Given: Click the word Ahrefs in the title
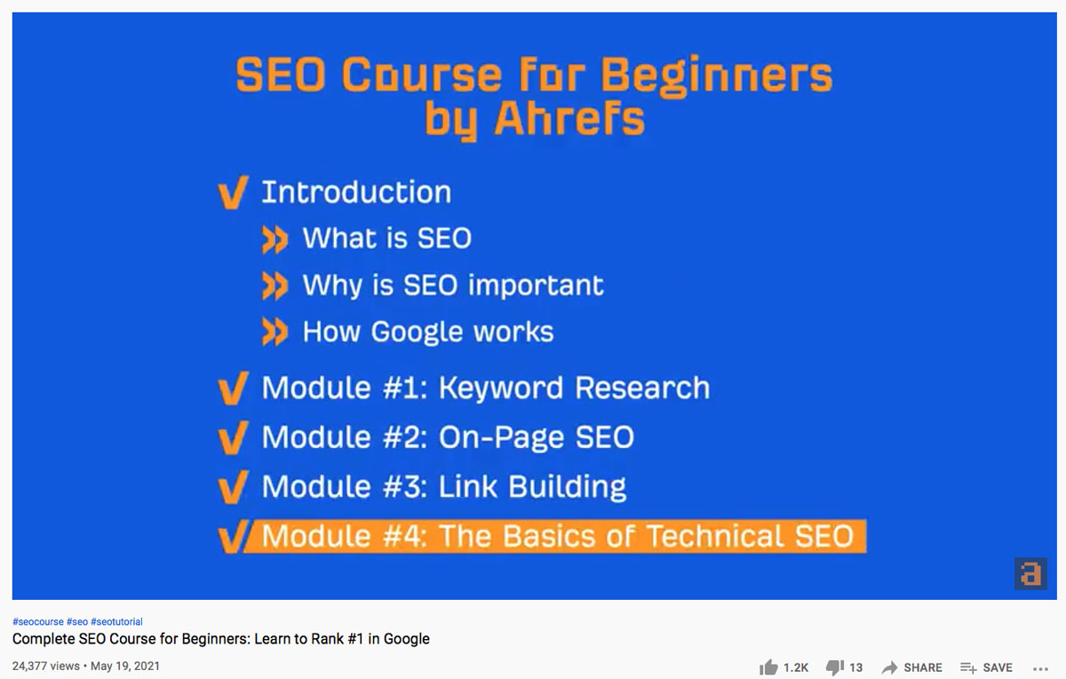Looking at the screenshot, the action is coord(569,118).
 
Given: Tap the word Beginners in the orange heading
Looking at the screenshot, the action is coord(717,76).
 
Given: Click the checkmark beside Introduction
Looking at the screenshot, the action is coord(233,192).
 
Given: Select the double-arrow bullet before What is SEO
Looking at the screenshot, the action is coord(274,239).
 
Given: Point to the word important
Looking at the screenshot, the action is coord(536,284).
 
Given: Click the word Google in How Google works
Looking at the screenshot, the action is coord(417,332).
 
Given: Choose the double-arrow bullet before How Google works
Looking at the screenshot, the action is coord(274,332).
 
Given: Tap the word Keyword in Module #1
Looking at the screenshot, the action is coord(501,387).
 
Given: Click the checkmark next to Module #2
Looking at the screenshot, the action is coord(233,437).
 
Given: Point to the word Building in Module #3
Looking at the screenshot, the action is coord(568,487).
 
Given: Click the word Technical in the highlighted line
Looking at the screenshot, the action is coord(715,536).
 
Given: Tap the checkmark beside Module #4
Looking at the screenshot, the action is coord(233,537).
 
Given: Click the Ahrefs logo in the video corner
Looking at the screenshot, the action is coord(1030,574).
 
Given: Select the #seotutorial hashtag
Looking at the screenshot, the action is coord(116,621).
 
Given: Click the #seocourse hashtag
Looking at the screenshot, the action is coord(38,621).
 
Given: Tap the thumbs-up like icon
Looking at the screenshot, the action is coord(768,667).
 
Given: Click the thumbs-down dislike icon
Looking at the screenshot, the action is coord(835,667).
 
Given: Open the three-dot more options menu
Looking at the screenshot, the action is coord(1041,668).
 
